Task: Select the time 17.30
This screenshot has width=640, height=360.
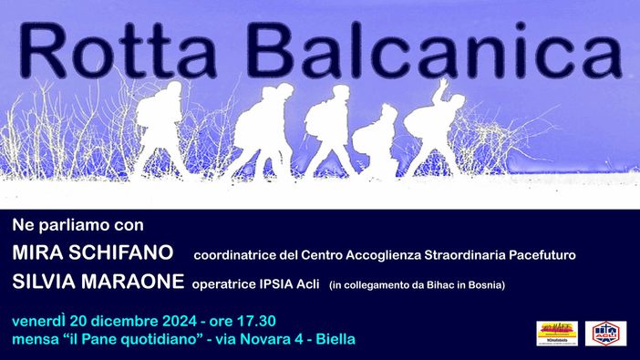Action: pos(254,322)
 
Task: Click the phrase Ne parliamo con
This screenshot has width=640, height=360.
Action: pos(78,223)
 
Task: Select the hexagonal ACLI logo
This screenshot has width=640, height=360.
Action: pos(605,333)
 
